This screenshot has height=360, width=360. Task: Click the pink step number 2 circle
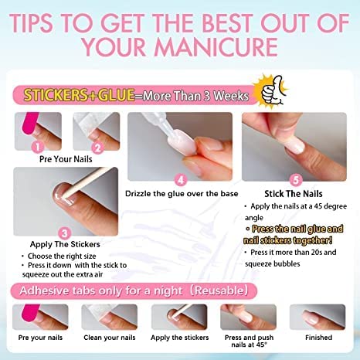click(x=97, y=146)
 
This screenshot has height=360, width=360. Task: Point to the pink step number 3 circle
click(x=65, y=231)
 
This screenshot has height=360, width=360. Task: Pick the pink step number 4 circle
click(x=181, y=179)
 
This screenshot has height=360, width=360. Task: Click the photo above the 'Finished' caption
click(x=318, y=317)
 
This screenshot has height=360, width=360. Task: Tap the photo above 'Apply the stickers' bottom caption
click(x=178, y=317)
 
